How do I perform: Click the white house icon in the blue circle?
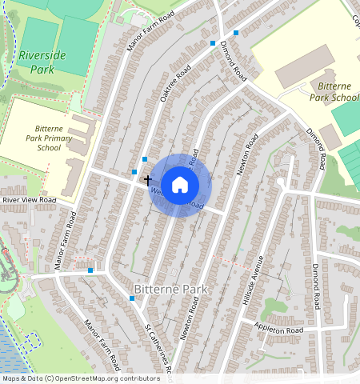pyautogui.click(x=180, y=185)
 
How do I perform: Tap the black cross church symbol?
pyautogui.click(x=148, y=181)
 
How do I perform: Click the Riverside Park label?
pyautogui.click(x=43, y=62)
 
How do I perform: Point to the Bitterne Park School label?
pyautogui.click(x=333, y=91)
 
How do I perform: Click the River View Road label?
pyautogui.click(x=29, y=200)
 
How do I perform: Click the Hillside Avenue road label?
pyautogui.click(x=253, y=280)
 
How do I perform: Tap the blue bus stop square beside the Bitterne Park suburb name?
pyautogui.click(x=131, y=298)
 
